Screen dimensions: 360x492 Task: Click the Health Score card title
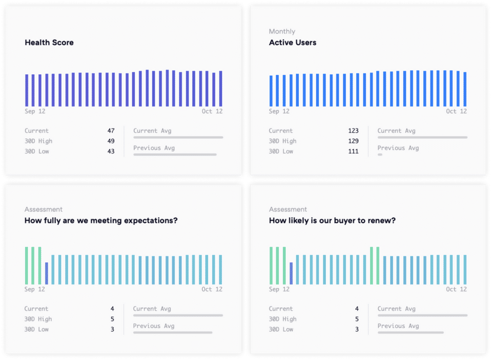click(49, 43)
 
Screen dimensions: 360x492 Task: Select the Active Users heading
click(293, 43)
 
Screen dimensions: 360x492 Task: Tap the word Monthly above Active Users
click(282, 32)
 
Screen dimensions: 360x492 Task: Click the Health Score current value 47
click(111, 131)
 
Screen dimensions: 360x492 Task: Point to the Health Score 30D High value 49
click(111, 141)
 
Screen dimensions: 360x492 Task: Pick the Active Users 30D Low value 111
click(353, 152)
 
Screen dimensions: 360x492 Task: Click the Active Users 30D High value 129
click(353, 141)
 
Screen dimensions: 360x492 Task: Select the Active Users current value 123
click(353, 131)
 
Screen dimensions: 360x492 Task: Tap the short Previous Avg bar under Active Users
click(380, 154)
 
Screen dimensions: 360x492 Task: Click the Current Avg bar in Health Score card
click(178, 137)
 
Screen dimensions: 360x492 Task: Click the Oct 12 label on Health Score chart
click(212, 111)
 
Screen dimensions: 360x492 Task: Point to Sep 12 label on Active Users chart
click(279, 111)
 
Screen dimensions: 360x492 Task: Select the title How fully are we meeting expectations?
click(101, 221)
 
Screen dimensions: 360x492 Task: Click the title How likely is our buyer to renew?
click(332, 221)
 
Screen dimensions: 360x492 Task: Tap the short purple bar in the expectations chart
click(47, 273)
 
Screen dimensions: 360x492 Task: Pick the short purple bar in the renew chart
click(291, 273)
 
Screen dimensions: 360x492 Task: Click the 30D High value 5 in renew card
click(357, 319)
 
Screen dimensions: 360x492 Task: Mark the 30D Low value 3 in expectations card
click(113, 329)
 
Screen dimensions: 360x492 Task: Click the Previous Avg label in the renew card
click(398, 326)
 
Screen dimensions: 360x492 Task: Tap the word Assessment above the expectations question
click(44, 209)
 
